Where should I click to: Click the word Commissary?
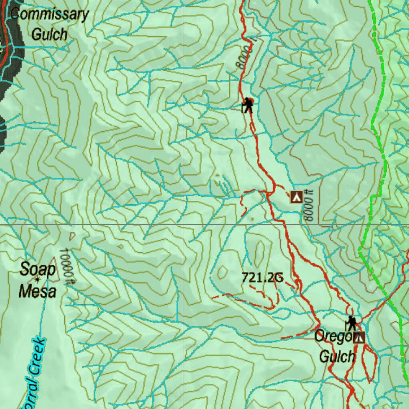[49, 15]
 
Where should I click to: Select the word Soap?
[37, 269]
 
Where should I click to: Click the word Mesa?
[37, 291]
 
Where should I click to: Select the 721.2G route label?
[262, 278]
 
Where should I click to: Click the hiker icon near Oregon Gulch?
[351, 323]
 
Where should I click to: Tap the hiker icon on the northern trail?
[248, 105]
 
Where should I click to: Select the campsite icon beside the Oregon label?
[359, 338]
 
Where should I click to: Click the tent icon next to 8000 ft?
[296, 197]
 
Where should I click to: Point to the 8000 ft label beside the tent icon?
[308, 205]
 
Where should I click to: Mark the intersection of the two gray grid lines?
[183, 224]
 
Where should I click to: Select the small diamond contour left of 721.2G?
[222, 273]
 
